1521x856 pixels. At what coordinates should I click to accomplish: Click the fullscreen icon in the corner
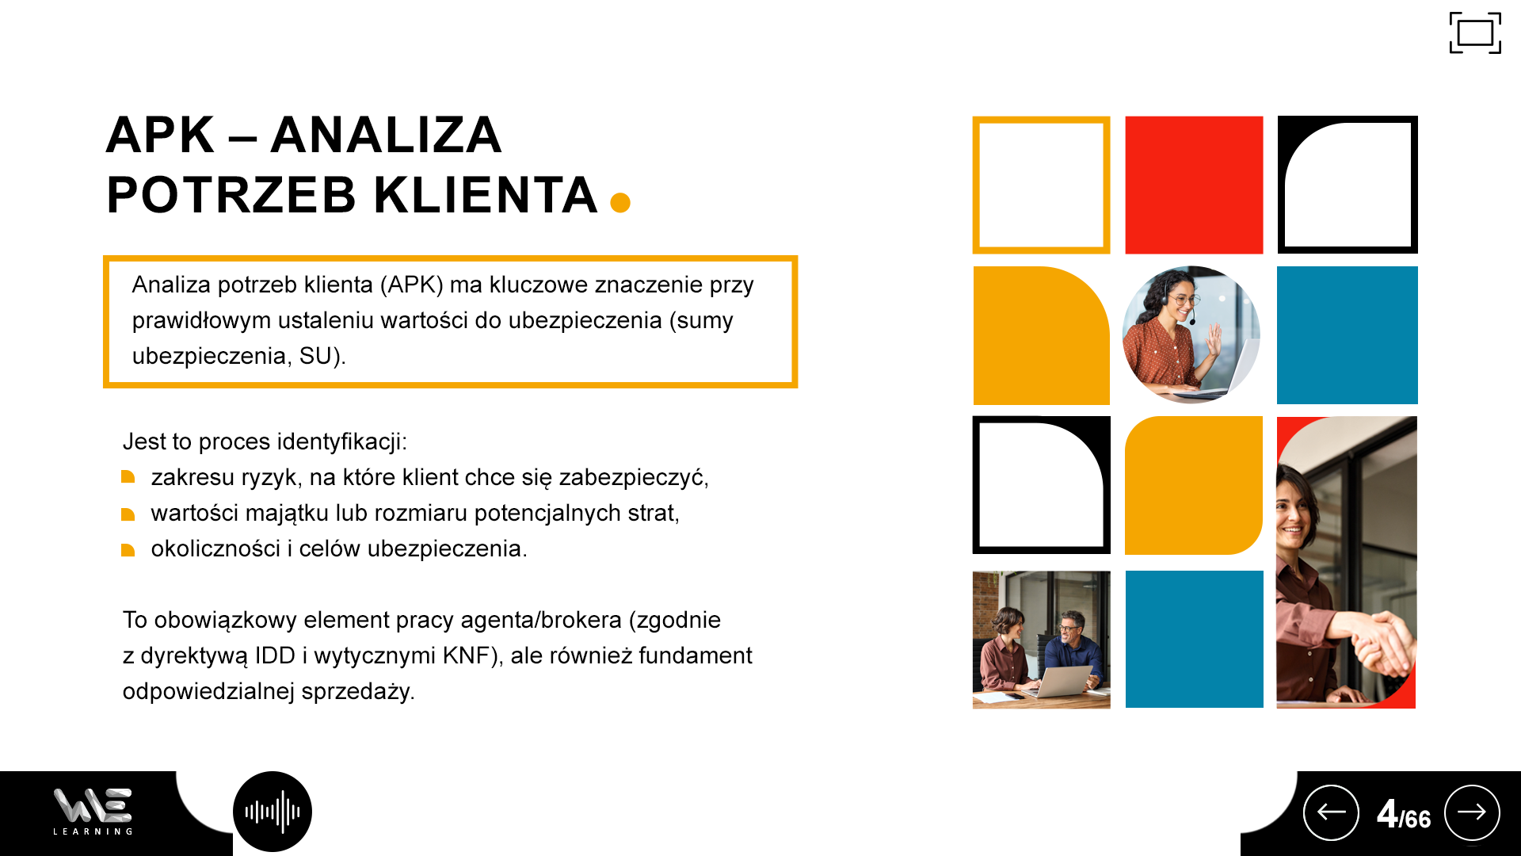[x=1475, y=33]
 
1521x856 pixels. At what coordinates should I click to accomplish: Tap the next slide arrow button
[x=1472, y=812]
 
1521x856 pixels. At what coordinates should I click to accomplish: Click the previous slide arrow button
[x=1331, y=812]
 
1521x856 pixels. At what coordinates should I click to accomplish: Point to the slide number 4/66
[x=1404, y=814]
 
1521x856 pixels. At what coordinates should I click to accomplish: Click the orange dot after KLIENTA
[x=620, y=203]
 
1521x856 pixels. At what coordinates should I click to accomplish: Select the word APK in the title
[x=160, y=135]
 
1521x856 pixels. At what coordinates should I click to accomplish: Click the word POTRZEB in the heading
[x=231, y=195]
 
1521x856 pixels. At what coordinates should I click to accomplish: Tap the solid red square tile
[x=1194, y=185]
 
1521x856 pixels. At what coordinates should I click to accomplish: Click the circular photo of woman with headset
[x=1191, y=334]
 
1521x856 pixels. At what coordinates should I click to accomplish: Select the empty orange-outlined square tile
[x=1041, y=185]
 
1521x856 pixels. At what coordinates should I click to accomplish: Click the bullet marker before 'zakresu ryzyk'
[x=128, y=477]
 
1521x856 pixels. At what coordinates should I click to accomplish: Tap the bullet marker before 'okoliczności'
[x=128, y=549]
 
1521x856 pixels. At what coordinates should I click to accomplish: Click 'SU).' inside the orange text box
[x=322, y=357]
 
